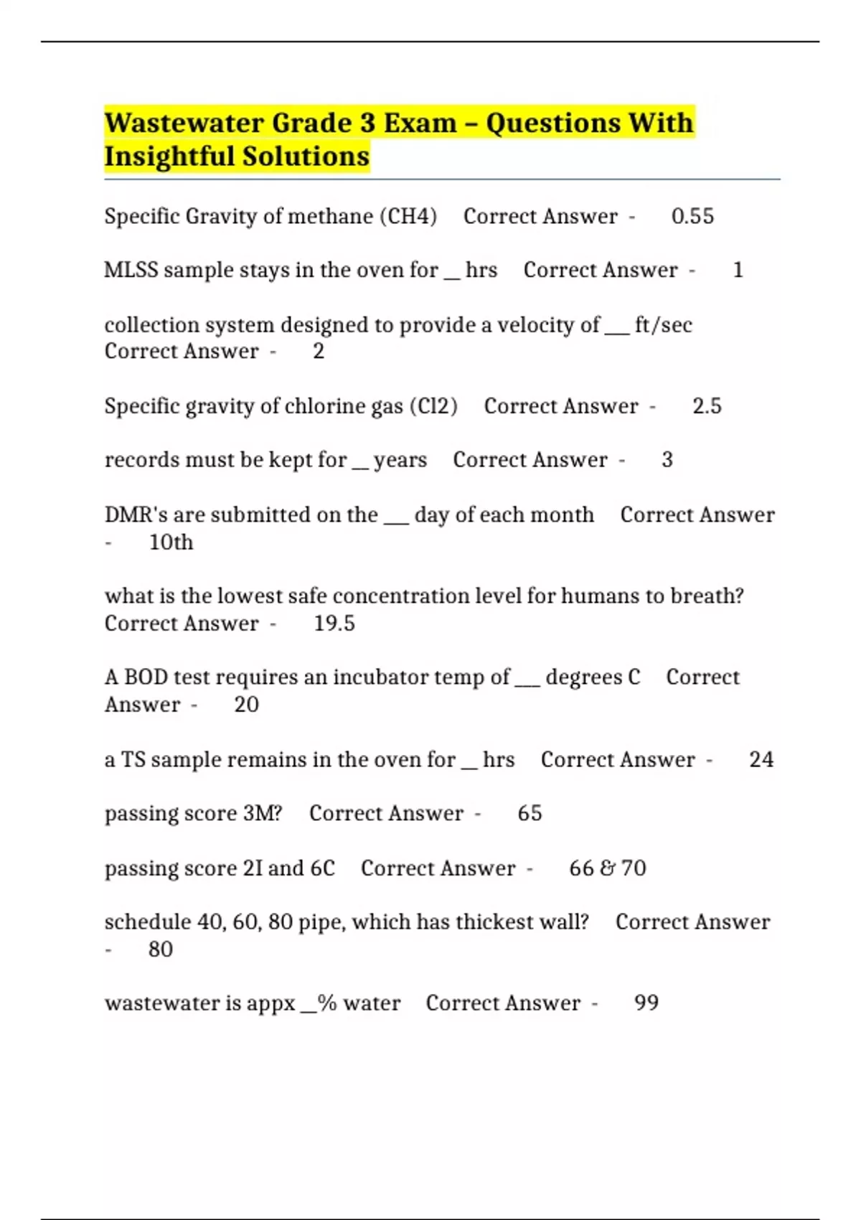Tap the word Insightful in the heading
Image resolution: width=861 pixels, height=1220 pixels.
tap(169, 156)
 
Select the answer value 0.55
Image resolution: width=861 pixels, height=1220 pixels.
tap(692, 216)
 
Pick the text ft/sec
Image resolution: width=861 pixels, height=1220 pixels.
tap(663, 325)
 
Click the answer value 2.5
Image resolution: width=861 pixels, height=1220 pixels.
tap(707, 406)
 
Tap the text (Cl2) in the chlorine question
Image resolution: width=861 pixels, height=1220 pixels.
tap(433, 406)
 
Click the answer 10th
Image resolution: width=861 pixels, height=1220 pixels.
tap(171, 543)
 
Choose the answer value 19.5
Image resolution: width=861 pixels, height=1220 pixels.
tap(334, 623)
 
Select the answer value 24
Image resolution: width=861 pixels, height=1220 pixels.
tap(761, 759)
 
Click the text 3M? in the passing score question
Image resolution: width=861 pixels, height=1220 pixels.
tap(263, 813)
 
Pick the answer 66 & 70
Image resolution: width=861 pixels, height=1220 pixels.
tap(607, 868)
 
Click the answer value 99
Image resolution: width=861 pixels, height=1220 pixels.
tap(646, 1003)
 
